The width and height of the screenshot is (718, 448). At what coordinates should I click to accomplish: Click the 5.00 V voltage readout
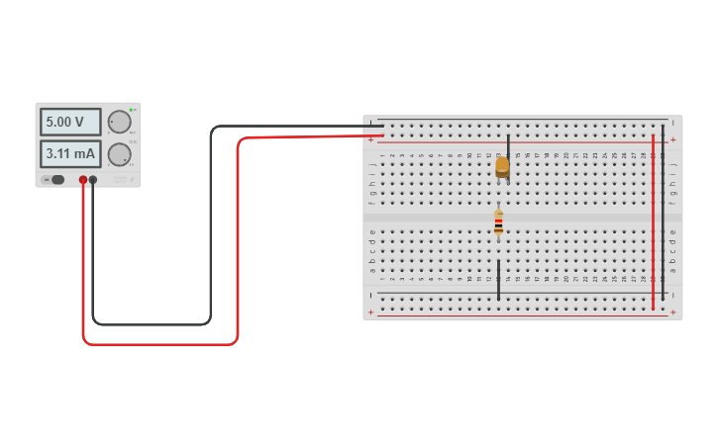tap(69, 122)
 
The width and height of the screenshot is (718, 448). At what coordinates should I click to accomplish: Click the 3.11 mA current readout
tap(69, 153)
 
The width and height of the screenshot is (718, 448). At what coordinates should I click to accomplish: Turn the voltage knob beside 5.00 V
tap(119, 122)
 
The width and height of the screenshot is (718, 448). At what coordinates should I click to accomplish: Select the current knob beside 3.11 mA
tap(119, 154)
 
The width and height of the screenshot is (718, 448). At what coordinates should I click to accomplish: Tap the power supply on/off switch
tap(56, 179)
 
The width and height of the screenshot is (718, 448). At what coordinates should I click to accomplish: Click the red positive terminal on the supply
tap(83, 180)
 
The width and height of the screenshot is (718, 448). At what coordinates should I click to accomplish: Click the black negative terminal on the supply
tap(93, 180)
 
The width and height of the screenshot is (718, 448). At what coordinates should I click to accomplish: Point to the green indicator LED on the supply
tap(131, 108)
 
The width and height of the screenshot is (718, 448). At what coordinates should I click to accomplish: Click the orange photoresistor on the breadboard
tap(502, 166)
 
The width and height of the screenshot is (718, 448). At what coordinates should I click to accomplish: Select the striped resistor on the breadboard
tap(498, 224)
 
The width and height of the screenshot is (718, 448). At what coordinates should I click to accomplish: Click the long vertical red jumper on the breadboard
tap(654, 223)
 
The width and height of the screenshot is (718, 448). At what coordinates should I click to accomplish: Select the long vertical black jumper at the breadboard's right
tap(664, 212)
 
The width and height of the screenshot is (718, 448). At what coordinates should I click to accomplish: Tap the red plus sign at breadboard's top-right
tap(673, 140)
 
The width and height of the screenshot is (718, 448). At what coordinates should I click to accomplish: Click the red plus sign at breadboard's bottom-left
tap(371, 313)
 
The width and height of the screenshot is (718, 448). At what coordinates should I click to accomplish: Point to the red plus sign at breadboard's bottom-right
tap(673, 313)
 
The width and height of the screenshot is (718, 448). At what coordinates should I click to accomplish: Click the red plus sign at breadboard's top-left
tap(371, 140)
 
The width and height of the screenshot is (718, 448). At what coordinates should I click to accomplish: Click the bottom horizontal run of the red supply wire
tap(158, 343)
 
